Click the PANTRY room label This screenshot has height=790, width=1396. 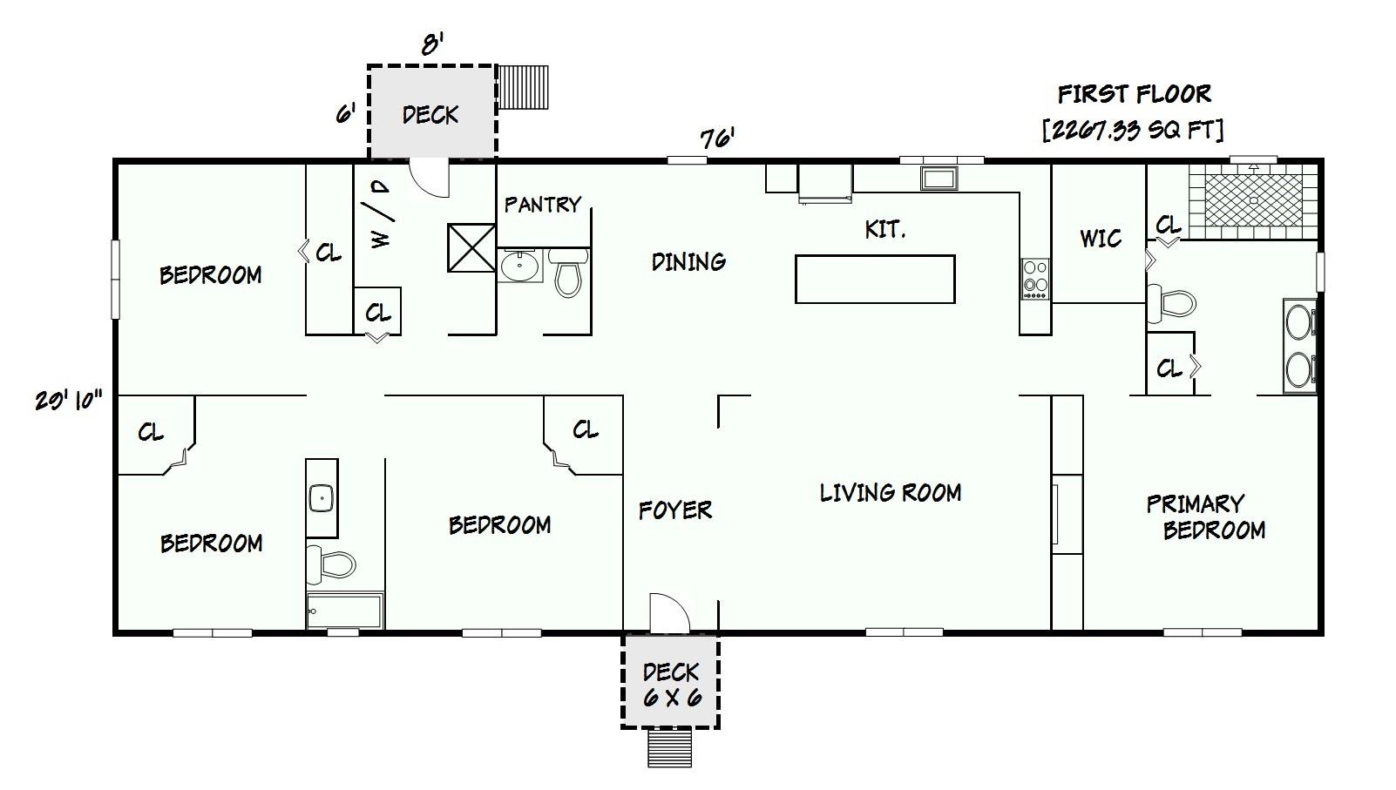[542, 205]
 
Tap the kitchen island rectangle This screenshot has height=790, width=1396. [875, 279]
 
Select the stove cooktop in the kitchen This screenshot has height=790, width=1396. [1035, 279]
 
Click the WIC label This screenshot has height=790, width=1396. [1100, 239]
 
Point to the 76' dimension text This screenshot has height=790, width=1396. [717, 139]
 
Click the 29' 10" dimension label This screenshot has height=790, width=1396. [69, 401]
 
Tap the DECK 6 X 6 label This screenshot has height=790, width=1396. [670, 685]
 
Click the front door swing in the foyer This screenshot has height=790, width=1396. [668, 612]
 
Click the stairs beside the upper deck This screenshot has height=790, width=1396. [524, 87]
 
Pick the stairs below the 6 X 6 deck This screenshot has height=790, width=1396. [669, 748]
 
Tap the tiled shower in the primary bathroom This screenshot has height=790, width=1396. [1253, 201]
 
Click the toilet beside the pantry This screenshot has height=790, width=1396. [568, 272]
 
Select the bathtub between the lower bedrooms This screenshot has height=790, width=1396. [345, 611]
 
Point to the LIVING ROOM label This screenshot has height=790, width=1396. [890, 493]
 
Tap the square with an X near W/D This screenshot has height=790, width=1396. [471, 248]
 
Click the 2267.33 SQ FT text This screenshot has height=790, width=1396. [1132, 130]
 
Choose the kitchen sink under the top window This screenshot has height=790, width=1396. [939, 179]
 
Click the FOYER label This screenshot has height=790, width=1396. [674, 510]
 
